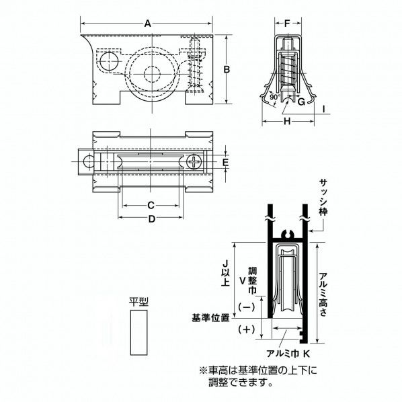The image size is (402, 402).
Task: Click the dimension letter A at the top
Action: (x=147, y=24)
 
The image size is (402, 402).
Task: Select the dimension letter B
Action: (x=227, y=69)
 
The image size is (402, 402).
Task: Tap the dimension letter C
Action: (x=151, y=205)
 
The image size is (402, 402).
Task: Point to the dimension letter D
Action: (x=152, y=219)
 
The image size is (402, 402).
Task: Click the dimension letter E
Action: (x=225, y=162)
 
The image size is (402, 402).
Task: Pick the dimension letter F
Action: (x=287, y=24)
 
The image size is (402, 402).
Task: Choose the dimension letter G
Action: (x=301, y=102)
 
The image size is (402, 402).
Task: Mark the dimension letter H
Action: (x=287, y=121)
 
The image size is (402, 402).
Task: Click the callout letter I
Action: (x=324, y=109)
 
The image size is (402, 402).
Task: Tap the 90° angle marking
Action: (x=274, y=97)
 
